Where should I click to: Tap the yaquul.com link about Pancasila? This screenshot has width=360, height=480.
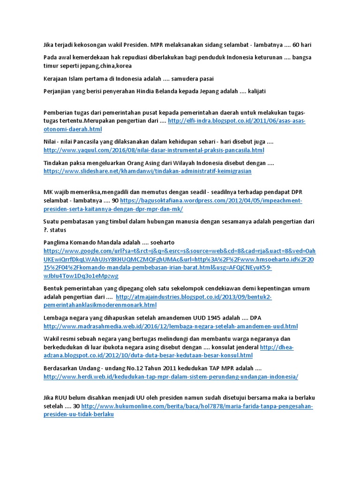point(154,150)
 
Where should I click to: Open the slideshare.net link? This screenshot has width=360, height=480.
point(147,171)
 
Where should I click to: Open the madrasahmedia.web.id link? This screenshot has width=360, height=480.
point(171,326)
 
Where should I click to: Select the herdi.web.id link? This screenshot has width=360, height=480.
point(171,376)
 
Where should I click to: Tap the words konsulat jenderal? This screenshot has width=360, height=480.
point(235,347)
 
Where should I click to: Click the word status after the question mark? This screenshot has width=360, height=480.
point(58,230)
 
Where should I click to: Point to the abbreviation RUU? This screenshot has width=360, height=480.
point(65,398)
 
